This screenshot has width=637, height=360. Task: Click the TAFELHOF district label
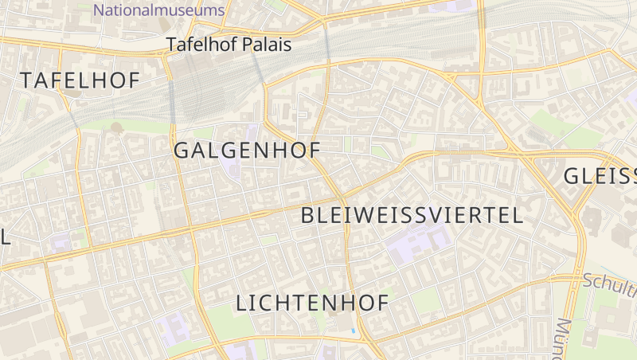80,80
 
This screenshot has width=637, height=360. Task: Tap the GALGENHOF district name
247,150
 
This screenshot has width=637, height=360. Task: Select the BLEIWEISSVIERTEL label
412,214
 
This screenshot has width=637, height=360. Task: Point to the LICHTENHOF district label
313,303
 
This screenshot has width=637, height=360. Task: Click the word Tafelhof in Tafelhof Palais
196,45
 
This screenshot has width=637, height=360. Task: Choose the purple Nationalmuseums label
159,10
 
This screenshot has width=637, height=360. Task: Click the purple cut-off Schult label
609,282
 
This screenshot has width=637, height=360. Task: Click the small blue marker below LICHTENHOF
354,330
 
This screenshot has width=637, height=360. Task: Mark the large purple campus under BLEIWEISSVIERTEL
418,244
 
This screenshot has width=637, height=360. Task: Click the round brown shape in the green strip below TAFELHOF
116,127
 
